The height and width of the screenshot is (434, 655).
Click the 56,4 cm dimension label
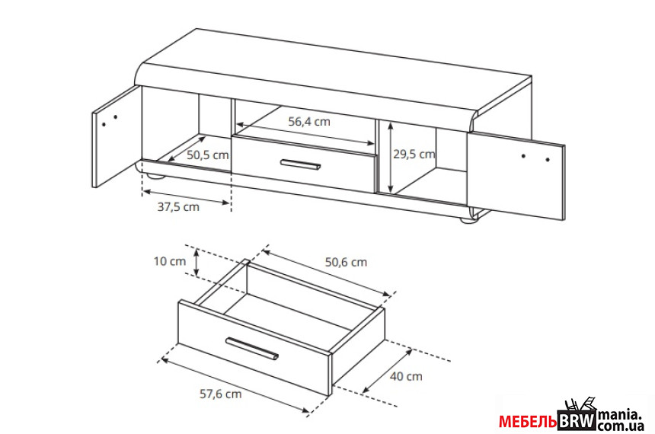pyautogui.click(x=309, y=122)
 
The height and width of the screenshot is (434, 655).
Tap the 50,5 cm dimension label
pyautogui.click(x=208, y=155)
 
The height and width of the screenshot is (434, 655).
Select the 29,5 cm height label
pyautogui.click(x=414, y=154)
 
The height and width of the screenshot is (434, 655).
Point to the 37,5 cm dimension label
pyautogui.click(x=178, y=207)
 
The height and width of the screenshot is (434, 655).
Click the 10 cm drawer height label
pyautogui.click(x=170, y=261)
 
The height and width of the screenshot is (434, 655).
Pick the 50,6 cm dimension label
pyautogui.click(x=346, y=263)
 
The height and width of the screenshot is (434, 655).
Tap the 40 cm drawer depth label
pyautogui.click(x=406, y=376)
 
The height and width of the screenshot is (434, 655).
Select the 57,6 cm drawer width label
pyautogui.click(x=221, y=394)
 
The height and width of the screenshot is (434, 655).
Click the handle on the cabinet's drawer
pyautogui.click(x=300, y=164)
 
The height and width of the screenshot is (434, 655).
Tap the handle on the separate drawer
pyautogui.click(x=252, y=348)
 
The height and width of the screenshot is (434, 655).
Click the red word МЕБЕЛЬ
pyautogui.click(x=528, y=422)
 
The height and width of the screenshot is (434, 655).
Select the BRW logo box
pyautogui.click(x=577, y=421)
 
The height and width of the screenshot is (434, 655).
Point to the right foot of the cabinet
pyautogui.click(x=468, y=220)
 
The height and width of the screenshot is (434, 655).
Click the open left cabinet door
pyautogui.click(x=115, y=136)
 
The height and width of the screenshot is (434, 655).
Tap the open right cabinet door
pyautogui.click(x=516, y=175)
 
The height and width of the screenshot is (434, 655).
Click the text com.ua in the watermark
pyautogui.click(x=621, y=426)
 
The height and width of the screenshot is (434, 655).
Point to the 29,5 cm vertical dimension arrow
pyautogui.click(x=390, y=158)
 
